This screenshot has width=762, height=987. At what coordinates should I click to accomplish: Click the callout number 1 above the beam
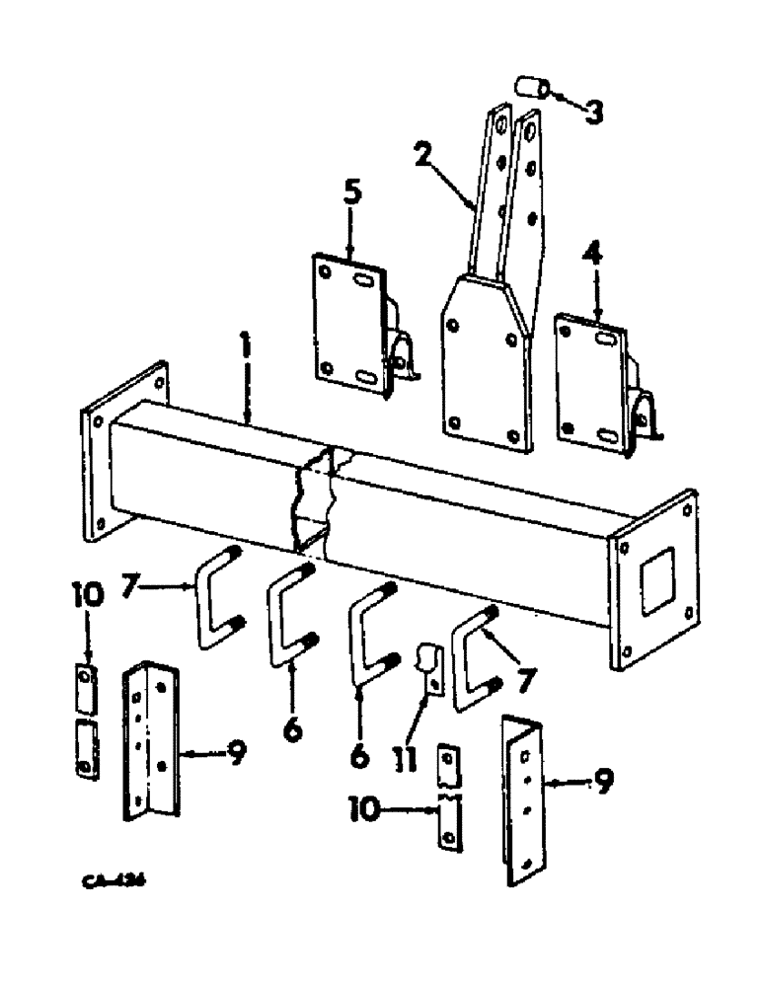tap(247, 351)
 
